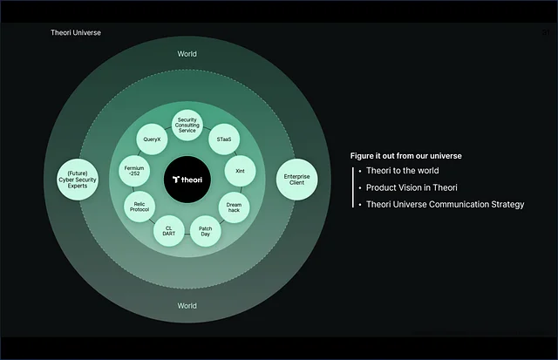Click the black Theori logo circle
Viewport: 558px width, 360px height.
coord(187,180)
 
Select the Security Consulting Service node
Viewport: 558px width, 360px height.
coord(187,126)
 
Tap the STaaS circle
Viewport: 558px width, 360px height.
coord(224,139)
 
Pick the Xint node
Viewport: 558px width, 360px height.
coord(241,171)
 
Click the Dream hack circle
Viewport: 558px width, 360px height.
coord(234,207)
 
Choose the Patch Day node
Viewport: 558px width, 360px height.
coord(206,231)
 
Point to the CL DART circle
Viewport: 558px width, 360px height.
coord(168,231)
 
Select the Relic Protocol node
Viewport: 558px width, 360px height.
coord(139,207)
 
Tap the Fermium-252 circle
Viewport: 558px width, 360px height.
coord(134,171)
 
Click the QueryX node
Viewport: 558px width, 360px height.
coord(152,139)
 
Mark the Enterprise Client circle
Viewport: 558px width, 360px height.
coord(296,180)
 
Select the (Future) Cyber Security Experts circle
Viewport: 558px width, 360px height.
coord(78,180)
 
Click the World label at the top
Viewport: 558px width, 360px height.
coord(187,54)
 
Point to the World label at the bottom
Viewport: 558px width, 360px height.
coord(187,306)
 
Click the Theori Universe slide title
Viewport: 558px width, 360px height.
coord(76,32)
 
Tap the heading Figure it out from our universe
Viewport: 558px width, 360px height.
coord(405,156)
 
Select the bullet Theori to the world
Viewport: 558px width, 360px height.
coord(403,170)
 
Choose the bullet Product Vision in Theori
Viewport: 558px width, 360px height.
coord(412,187)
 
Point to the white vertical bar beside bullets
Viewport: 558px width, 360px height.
coord(352,187)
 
